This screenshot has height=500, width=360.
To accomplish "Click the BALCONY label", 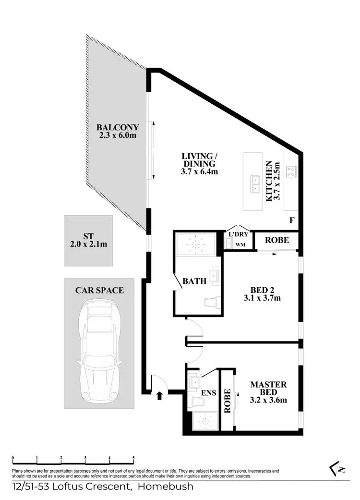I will [118, 127].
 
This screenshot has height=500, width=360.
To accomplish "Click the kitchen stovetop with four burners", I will [291, 171].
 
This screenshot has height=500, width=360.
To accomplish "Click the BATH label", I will [194, 281].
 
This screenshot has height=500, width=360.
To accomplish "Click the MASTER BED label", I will [268, 389].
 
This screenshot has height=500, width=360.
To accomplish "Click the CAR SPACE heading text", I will [99, 290].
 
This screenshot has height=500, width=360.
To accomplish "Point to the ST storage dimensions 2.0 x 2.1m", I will [88, 244].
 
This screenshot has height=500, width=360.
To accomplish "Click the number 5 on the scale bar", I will [133, 458].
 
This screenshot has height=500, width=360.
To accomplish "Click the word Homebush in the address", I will [166, 487].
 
